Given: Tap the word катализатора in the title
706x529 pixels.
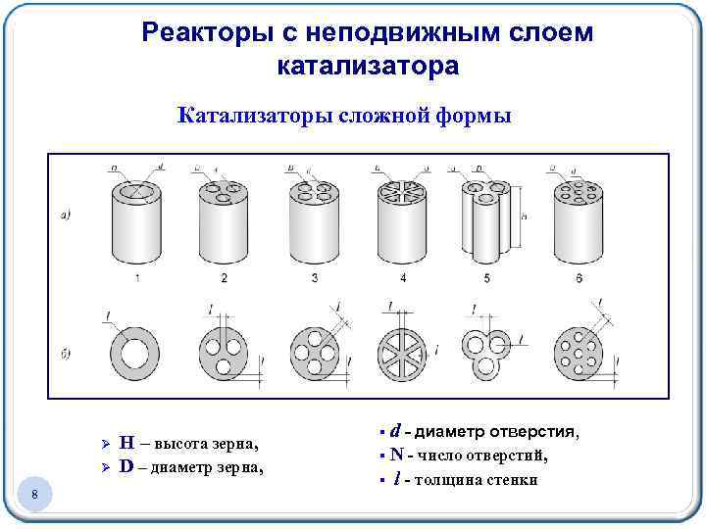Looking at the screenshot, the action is (368, 67).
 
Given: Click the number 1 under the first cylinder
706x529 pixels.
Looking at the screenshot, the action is (136, 280).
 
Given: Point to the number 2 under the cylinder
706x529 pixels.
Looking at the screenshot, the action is (225, 280).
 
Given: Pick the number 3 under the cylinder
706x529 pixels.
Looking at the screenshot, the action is (314, 280).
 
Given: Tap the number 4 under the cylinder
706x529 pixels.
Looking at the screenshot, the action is (403, 280).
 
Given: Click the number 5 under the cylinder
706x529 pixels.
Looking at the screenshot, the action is (486, 280).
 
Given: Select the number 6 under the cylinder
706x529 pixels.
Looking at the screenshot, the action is (579, 280).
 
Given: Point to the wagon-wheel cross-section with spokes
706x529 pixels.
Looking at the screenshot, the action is (403, 350).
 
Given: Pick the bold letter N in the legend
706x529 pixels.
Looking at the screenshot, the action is (397, 455).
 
